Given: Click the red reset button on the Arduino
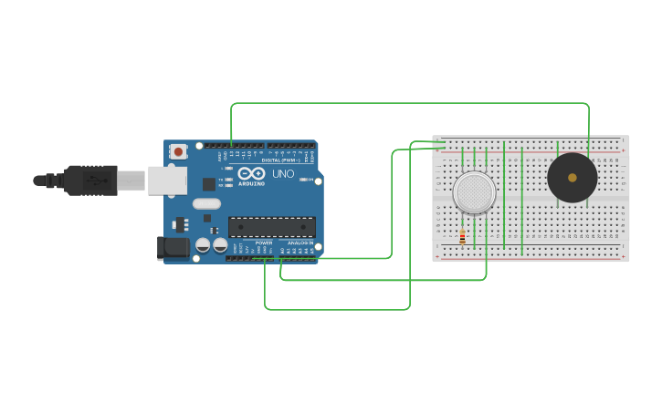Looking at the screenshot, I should tap(179, 151).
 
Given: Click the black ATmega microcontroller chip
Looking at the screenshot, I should tap(272, 227).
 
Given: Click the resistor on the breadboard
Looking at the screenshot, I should tap(462, 237).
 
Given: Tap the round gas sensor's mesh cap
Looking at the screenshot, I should tap(474, 192).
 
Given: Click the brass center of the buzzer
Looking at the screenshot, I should tap(573, 178).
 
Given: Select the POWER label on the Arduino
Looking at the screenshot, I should tap(264, 243).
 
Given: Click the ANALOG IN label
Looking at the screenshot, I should tap(300, 243).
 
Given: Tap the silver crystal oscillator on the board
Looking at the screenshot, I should tap(206, 203).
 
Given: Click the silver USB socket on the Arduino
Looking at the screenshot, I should tap(168, 181).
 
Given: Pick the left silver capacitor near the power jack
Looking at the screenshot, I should tap(203, 244).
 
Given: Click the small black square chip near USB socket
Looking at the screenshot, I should tap(208, 183).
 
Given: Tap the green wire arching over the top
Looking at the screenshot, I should tap(411, 103).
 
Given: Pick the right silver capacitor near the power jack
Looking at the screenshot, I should tap(220, 244).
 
